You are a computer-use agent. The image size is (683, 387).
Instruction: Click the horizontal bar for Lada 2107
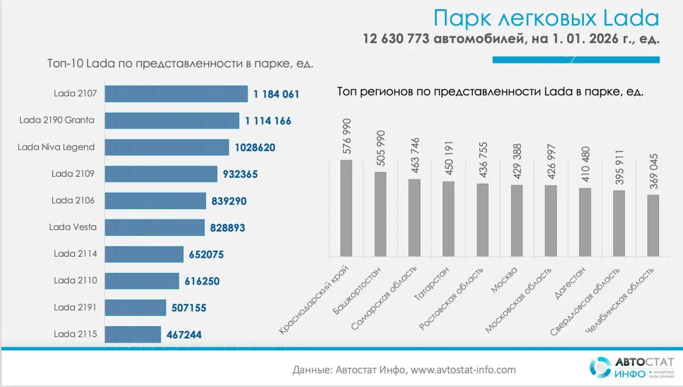click(176, 94)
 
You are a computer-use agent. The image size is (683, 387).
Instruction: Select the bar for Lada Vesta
click(155, 227)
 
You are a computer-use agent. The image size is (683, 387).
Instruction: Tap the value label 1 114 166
click(268, 121)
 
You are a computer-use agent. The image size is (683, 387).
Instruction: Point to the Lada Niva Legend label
click(56, 147)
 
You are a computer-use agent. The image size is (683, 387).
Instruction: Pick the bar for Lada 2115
click(133, 335)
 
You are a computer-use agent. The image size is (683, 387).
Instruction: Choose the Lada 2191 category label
click(75, 307)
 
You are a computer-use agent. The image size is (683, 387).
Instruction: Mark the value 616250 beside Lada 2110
click(202, 281)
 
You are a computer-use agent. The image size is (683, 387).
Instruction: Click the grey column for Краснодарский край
click(346, 208)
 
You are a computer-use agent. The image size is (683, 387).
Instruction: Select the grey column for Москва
click(517, 220)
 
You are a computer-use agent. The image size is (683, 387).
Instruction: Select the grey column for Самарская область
click(414, 218)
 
